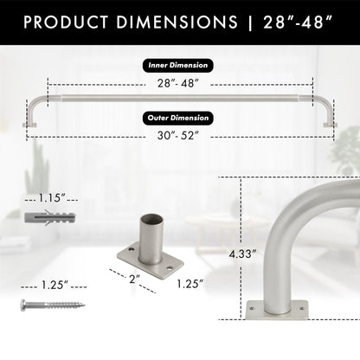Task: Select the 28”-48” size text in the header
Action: coord(297,21)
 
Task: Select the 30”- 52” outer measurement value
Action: coord(179,135)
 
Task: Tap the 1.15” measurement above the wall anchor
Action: coord(51,198)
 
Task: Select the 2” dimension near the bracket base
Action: coord(133,279)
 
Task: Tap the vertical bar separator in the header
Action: coord(249,21)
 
